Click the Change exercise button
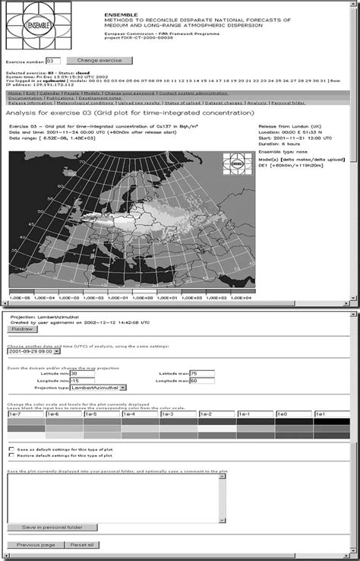click(x=93, y=60)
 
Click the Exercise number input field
click(x=53, y=60)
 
